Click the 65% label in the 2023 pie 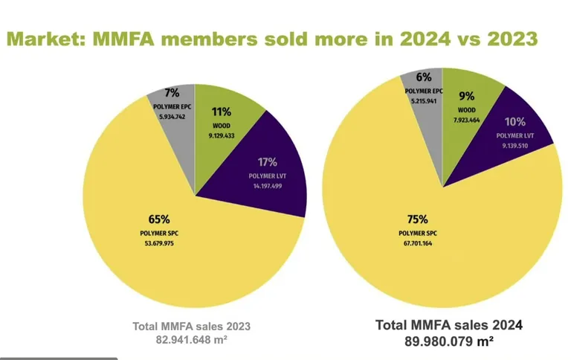point(159,219)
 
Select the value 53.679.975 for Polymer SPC point(159,242)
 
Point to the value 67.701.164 point(417,242)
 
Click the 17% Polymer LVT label point(268,161)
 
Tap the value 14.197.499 point(268,187)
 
